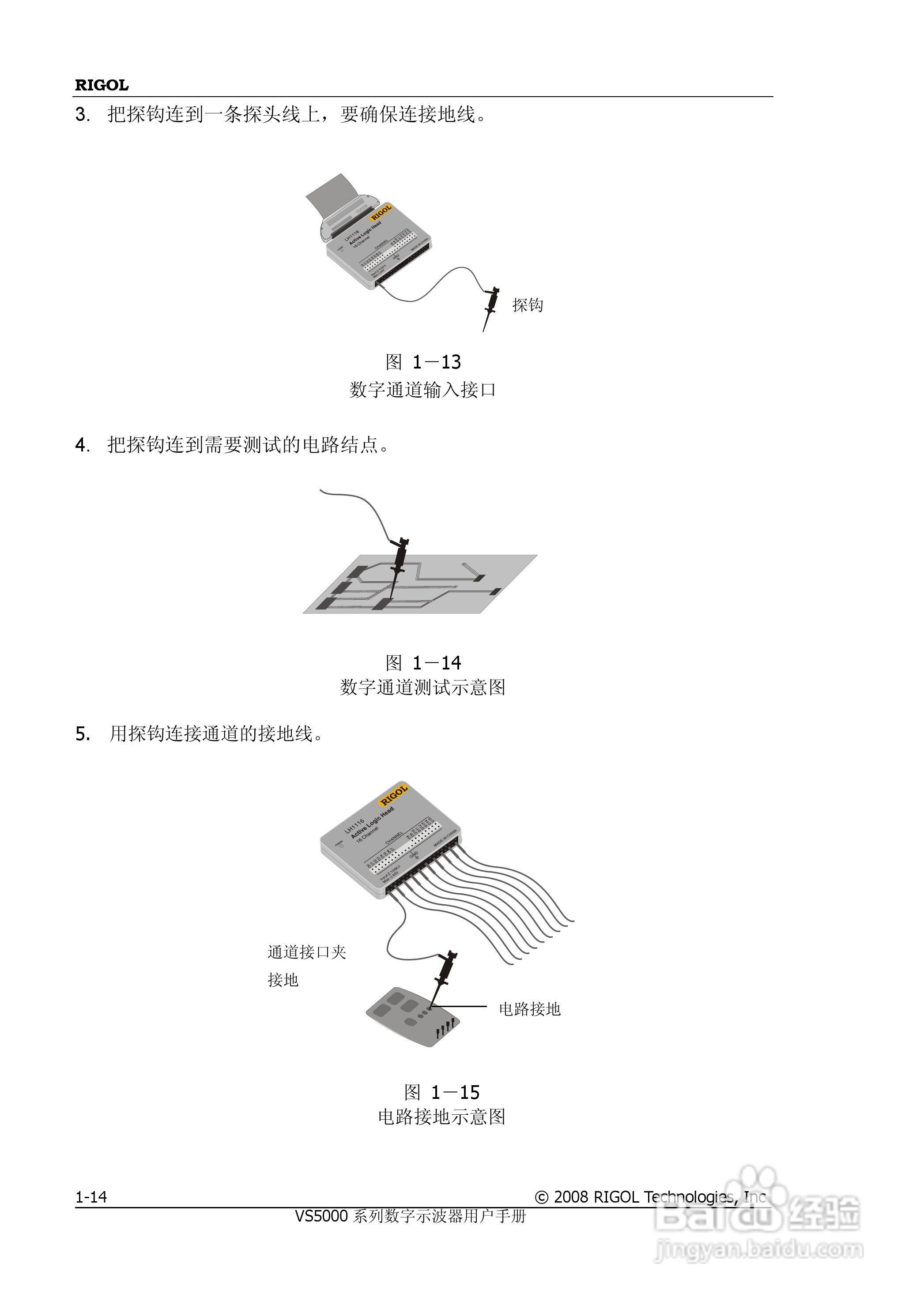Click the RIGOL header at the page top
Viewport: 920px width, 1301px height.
tap(102, 85)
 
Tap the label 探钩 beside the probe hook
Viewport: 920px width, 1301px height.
tap(527, 305)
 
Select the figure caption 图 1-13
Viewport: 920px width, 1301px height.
tap(423, 362)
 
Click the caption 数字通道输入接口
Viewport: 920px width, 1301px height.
tap(422, 390)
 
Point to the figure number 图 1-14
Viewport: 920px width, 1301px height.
tap(423, 662)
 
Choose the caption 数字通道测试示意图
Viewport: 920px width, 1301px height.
tap(422, 687)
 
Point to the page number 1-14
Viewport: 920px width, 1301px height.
tap(91, 1197)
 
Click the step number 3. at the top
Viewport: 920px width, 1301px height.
tap(82, 115)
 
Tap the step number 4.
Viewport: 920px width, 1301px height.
tap(82, 445)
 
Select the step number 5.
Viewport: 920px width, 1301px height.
tap(83, 734)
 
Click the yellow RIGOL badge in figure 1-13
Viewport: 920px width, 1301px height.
tap(381, 212)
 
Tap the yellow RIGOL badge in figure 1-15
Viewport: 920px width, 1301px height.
tap(393, 794)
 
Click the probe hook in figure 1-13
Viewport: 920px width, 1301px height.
tap(491, 303)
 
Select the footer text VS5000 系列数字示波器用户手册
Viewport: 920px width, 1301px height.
tap(411, 1216)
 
